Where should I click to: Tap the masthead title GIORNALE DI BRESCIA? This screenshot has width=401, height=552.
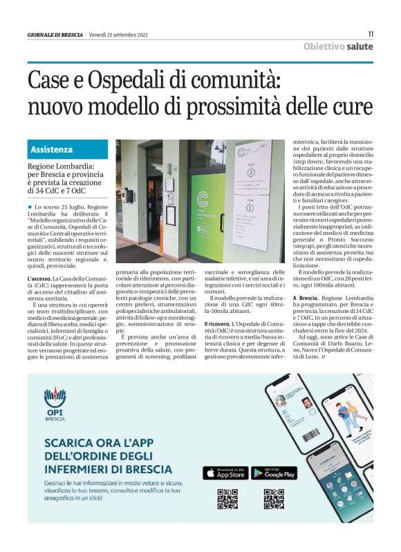(55, 35)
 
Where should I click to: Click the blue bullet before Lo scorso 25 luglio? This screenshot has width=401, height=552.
(30, 207)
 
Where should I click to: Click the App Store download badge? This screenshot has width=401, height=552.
(224, 473)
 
